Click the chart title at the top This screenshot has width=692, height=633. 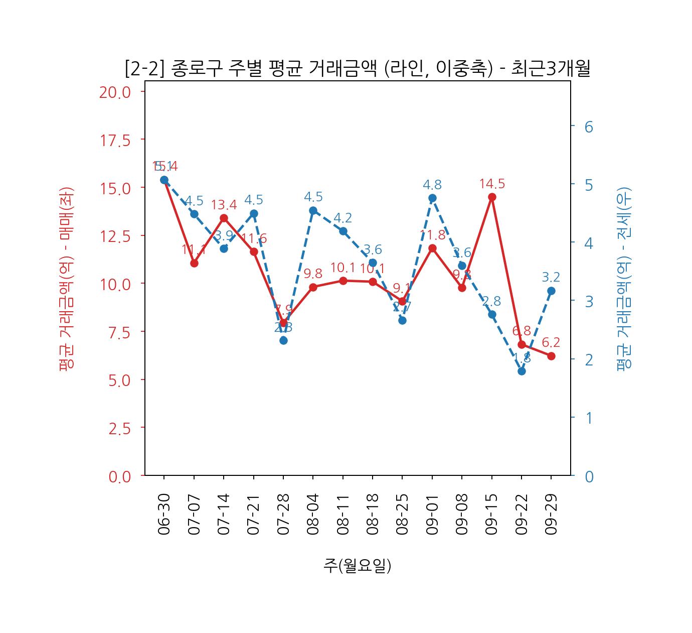pyautogui.click(x=357, y=69)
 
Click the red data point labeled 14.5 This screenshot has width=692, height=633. pyautogui.click(x=492, y=197)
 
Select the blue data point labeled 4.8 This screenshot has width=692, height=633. pyautogui.click(x=432, y=198)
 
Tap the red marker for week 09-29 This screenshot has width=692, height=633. pyautogui.click(x=551, y=356)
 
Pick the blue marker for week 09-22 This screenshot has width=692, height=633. pyautogui.click(x=522, y=371)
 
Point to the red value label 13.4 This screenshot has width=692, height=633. pyautogui.click(x=224, y=205)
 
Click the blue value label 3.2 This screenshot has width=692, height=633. pyautogui.click(x=551, y=277)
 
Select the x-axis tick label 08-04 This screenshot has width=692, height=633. pyautogui.click(x=313, y=514)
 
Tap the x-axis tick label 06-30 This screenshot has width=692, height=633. pyautogui.click(x=164, y=514)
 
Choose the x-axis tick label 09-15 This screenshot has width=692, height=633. pyautogui.click(x=492, y=514)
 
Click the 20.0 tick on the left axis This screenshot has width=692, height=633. pyautogui.click(x=115, y=92)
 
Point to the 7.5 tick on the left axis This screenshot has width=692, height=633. pyautogui.click(x=119, y=332)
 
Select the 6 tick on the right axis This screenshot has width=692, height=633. pyautogui.click(x=589, y=127)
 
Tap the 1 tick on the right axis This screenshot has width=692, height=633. pyautogui.click(x=589, y=418)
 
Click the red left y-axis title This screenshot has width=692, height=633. pyautogui.click(x=67, y=279)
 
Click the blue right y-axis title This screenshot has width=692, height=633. pyautogui.click(x=624, y=279)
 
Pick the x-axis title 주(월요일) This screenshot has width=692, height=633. pyautogui.click(x=357, y=566)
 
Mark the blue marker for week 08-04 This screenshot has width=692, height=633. pyautogui.click(x=313, y=210)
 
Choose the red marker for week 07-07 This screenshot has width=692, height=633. pyautogui.click(x=194, y=263)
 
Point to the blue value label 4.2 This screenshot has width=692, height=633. pyautogui.click(x=343, y=218)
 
